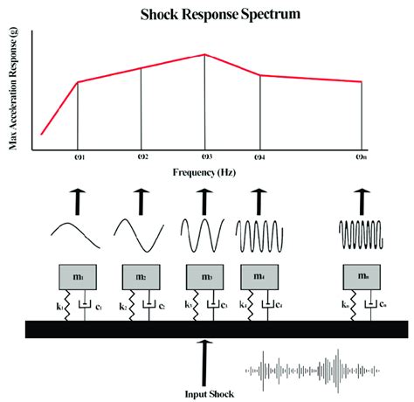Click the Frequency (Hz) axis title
(x=206, y=174)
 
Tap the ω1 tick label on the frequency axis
(x=78, y=158)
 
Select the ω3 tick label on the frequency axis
(x=205, y=158)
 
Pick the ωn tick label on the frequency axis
(x=361, y=158)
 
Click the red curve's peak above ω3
(x=205, y=54)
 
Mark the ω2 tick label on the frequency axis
(x=141, y=158)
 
